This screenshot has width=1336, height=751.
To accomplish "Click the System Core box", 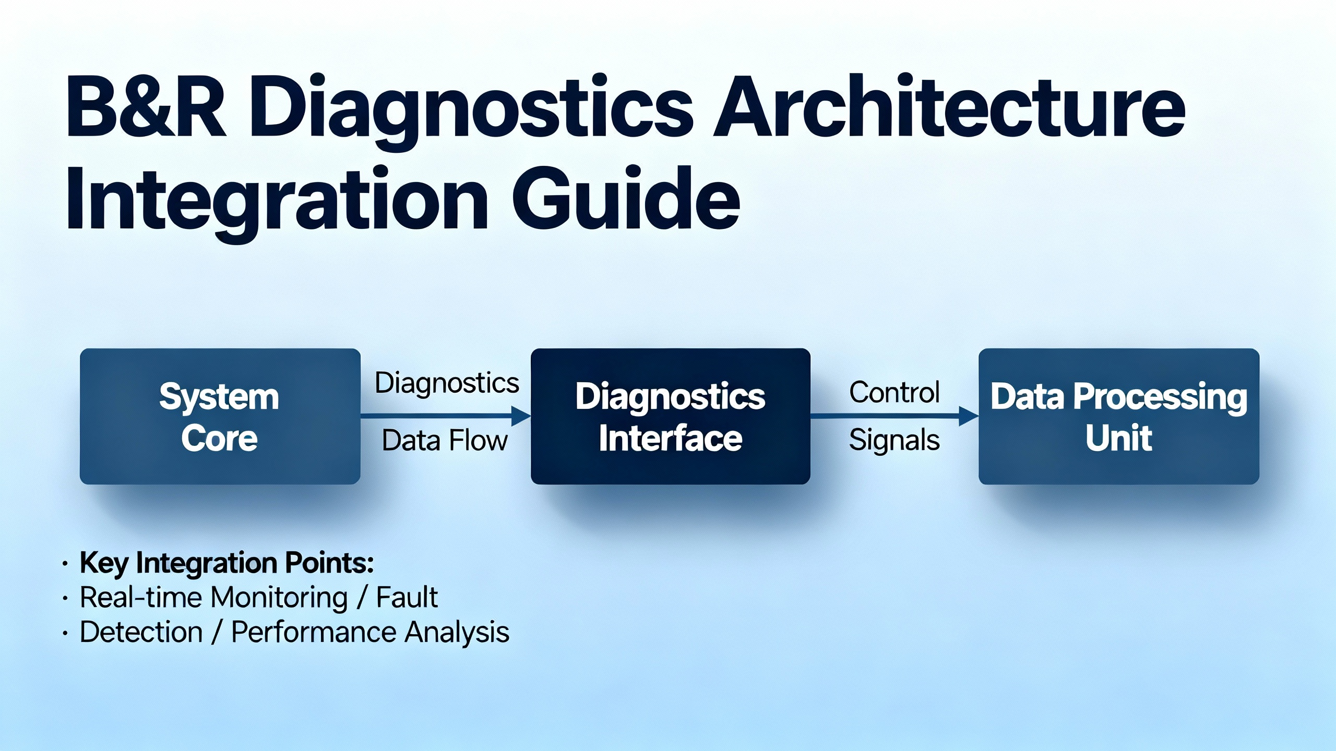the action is click(220, 416).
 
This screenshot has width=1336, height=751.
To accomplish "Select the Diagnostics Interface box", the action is click(670, 416).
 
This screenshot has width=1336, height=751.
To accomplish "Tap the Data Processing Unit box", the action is click(1119, 416).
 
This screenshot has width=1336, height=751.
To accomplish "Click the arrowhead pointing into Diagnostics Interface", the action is click(521, 416).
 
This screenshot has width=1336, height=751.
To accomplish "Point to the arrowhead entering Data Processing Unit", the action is click(969, 416).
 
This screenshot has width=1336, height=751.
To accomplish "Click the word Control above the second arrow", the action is click(894, 392).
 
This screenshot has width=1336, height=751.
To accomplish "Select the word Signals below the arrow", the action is click(894, 440).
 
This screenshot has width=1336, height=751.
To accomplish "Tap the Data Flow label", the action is click(445, 440).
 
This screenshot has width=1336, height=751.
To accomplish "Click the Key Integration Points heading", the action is click(227, 563).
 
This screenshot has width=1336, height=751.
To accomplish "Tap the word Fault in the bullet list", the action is click(407, 597).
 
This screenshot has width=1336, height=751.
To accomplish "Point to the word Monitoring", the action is click(279, 599).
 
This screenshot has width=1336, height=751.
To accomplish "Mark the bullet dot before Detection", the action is click(65, 633).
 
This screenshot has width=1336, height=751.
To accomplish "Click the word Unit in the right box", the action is click(1119, 439).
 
